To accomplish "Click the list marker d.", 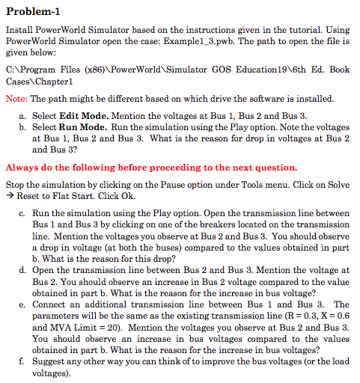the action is point(23,269).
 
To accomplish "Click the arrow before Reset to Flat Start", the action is point(10,195).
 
